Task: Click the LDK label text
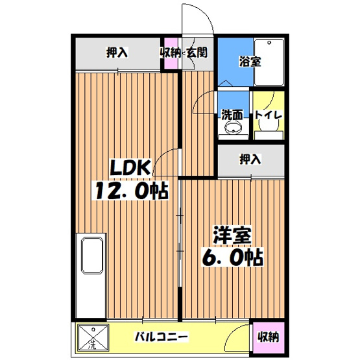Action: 132,169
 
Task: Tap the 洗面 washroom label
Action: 232,115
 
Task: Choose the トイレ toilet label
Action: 268,115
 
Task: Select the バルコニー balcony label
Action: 162,337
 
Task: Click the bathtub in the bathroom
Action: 269,62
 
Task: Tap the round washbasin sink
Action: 232,130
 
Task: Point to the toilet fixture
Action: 268,130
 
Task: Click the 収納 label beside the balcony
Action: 268,337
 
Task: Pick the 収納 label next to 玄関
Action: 170,53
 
